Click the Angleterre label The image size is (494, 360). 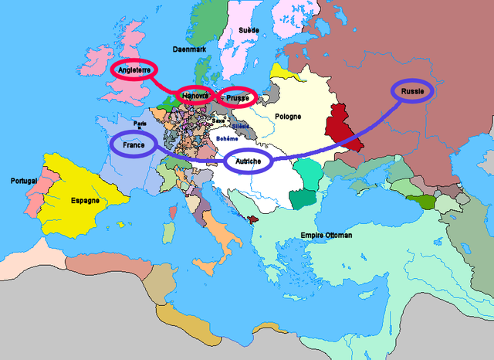[x=135, y=70]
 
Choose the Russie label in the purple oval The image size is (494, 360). [x=413, y=90]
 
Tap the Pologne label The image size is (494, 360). [x=287, y=117]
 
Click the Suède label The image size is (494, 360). [x=249, y=30]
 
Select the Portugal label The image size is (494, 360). [x=24, y=181]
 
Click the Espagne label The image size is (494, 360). [x=84, y=200]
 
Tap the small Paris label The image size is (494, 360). [x=140, y=122]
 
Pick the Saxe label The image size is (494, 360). [x=218, y=121]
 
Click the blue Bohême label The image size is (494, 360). [x=227, y=138]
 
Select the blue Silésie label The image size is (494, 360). [x=241, y=125]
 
